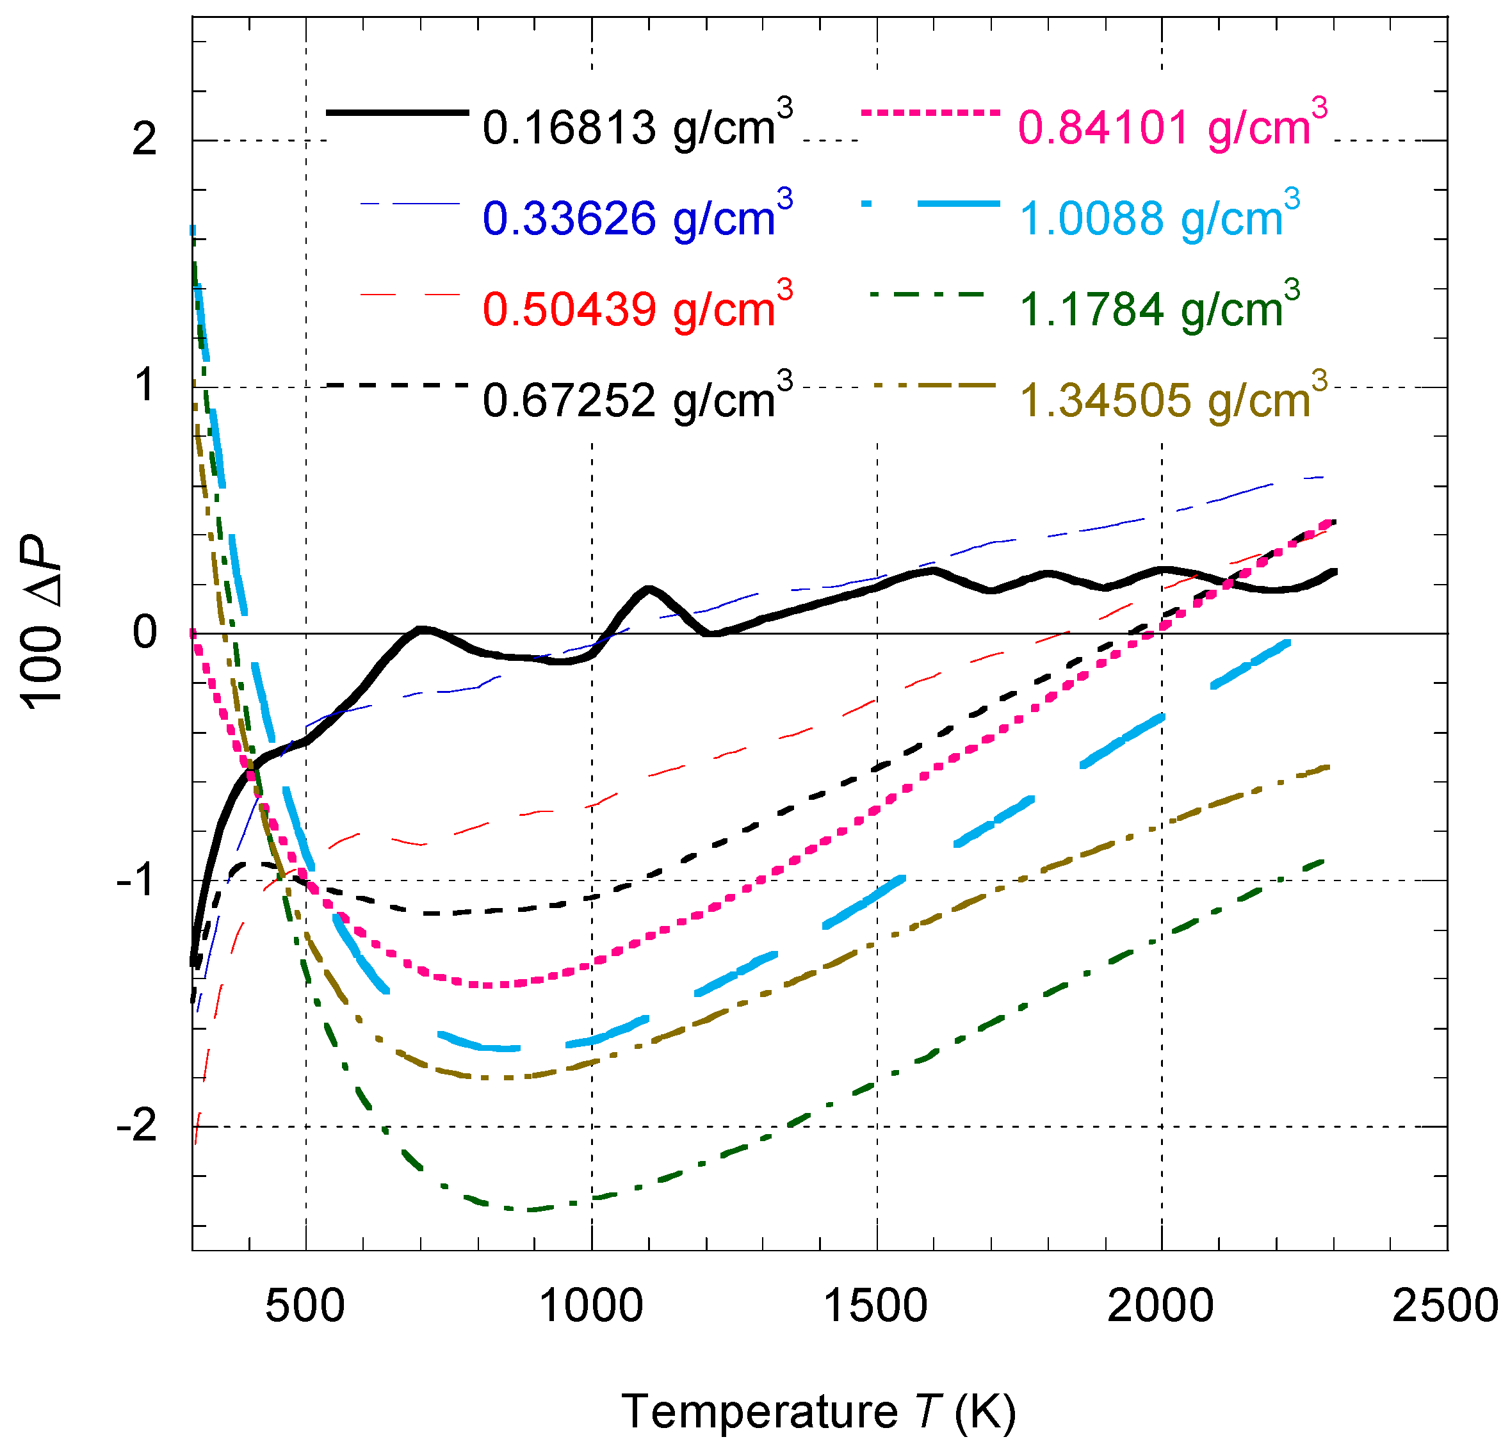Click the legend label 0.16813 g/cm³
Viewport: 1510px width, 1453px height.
point(637,126)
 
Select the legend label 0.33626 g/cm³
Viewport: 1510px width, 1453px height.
point(637,216)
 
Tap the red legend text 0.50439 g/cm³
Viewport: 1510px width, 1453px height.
point(637,307)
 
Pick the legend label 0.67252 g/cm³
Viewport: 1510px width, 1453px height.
point(637,399)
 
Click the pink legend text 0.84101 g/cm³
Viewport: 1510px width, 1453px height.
point(1173,126)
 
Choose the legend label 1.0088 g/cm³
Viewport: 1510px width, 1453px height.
point(1160,216)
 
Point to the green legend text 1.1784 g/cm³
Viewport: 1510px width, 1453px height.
point(1160,307)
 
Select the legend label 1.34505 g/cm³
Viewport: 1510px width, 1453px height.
point(1173,399)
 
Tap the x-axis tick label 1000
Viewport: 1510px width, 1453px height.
point(591,1306)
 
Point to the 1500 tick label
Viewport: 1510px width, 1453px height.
point(876,1306)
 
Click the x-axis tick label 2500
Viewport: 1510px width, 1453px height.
point(1445,1306)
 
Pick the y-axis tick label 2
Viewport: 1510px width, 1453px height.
point(144,140)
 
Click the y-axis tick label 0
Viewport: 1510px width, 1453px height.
point(144,633)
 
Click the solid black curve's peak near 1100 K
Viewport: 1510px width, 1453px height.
point(649,589)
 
